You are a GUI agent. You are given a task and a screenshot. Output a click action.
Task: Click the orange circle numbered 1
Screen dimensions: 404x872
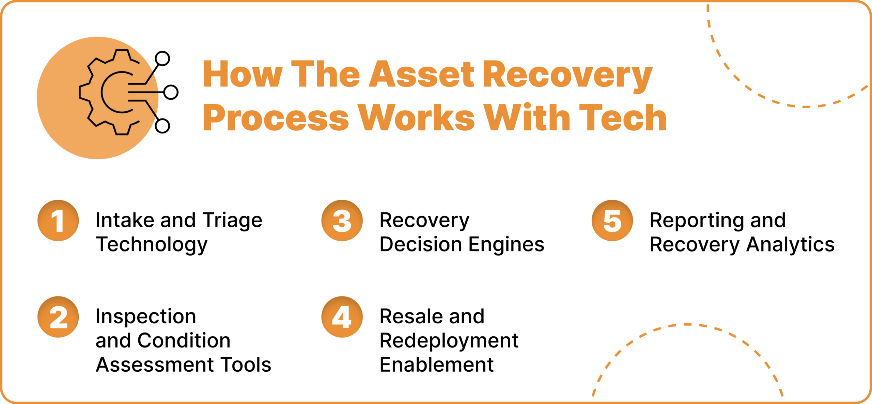coord(58,221)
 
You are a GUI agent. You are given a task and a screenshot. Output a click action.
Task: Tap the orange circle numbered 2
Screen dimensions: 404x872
coord(58,317)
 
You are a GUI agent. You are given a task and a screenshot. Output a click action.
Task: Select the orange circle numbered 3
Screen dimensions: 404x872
coord(342,221)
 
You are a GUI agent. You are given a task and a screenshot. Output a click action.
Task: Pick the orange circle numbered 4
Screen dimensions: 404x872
coord(342,317)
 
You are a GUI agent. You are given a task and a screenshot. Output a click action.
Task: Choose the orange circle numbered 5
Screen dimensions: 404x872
coord(612,221)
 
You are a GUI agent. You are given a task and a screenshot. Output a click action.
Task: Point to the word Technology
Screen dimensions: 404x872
coord(152,245)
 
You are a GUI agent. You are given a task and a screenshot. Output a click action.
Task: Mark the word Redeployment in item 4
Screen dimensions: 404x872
coord(449,341)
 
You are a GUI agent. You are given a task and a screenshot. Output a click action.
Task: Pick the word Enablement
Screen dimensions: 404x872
coord(436,365)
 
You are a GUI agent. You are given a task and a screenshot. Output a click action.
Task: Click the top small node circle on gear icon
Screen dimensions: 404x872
coord(162,59)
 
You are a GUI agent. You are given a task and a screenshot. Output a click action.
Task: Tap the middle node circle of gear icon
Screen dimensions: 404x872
coord(171,92)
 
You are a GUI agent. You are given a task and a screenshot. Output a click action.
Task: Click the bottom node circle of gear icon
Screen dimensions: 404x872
coord(162,126)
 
